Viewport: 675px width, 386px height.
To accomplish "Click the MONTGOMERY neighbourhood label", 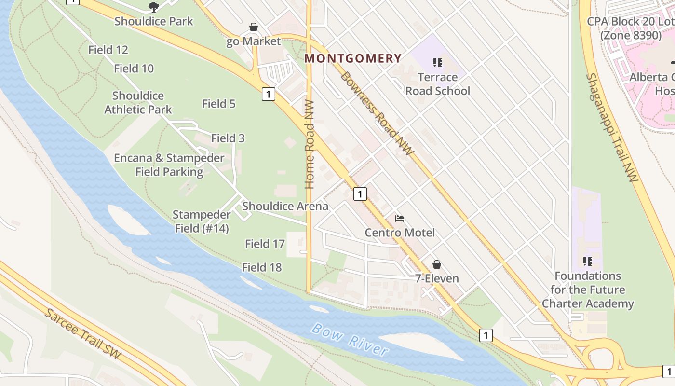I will click(x=353, y=58).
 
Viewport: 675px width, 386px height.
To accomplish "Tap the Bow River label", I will click(x=350, y=340).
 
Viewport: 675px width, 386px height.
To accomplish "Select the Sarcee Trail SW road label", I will click(x=82, y=333).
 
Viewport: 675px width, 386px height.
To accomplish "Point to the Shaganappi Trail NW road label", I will click(x=612, y=127).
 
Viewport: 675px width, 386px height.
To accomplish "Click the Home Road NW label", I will click(x=310, y=144).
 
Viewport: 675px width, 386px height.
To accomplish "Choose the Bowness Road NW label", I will click(x=377, y=113).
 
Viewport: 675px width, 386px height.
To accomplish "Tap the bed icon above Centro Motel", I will click(x=400, y=219).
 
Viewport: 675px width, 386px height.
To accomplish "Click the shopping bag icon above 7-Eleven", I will click(x=437, y=264).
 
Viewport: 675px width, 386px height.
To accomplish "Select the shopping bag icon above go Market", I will click(x=254, y=27).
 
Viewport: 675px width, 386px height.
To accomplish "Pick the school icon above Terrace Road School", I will click(x=438, y=62).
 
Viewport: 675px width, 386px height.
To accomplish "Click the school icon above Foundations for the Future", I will click(x=587, y=262).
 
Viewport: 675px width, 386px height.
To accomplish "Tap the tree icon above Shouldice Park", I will click(x=153, y=7).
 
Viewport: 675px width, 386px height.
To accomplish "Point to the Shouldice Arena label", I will click(x=285, y=206).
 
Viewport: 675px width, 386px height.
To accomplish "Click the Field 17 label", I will click(x=265, y=244).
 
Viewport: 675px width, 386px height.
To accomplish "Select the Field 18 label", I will click(x=262, y=267).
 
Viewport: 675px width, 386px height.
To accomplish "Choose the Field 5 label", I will click(x=218, y=103).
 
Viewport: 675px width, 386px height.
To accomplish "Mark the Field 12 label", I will click(x=108, y=50).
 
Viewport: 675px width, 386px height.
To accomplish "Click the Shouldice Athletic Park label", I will click(x=138, y=102).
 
